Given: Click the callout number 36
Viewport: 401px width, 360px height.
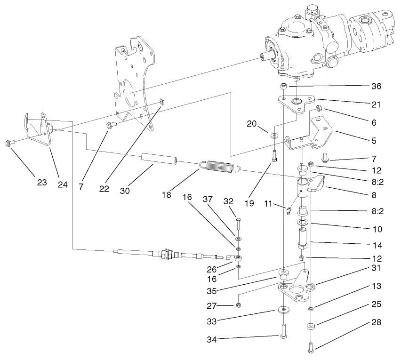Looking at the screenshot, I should point(375,86).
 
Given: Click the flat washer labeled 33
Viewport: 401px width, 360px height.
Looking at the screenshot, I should point(284,310).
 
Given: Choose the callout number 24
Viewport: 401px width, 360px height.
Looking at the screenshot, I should point(62,184).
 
